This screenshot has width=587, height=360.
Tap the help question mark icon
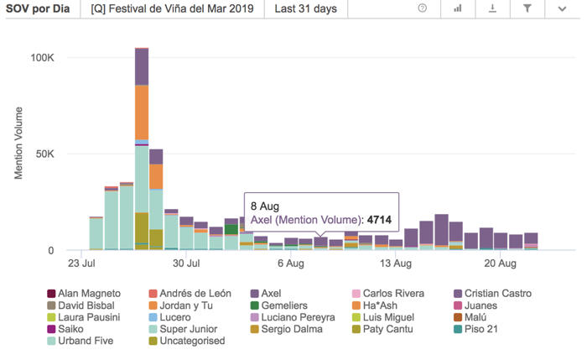pyautogui.click(x=423, y=8)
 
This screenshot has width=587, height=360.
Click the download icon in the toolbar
pyautogui.click(x=493, y=8)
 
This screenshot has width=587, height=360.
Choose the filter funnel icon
pyautogui.click(x=527, y=8)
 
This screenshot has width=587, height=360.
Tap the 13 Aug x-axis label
pyautogui.click(x=397, y=263)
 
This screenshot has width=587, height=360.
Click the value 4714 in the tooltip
pyautogui.click(x=379, y=221)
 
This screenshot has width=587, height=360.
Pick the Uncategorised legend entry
pyautogui.click(x=186, y=341)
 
